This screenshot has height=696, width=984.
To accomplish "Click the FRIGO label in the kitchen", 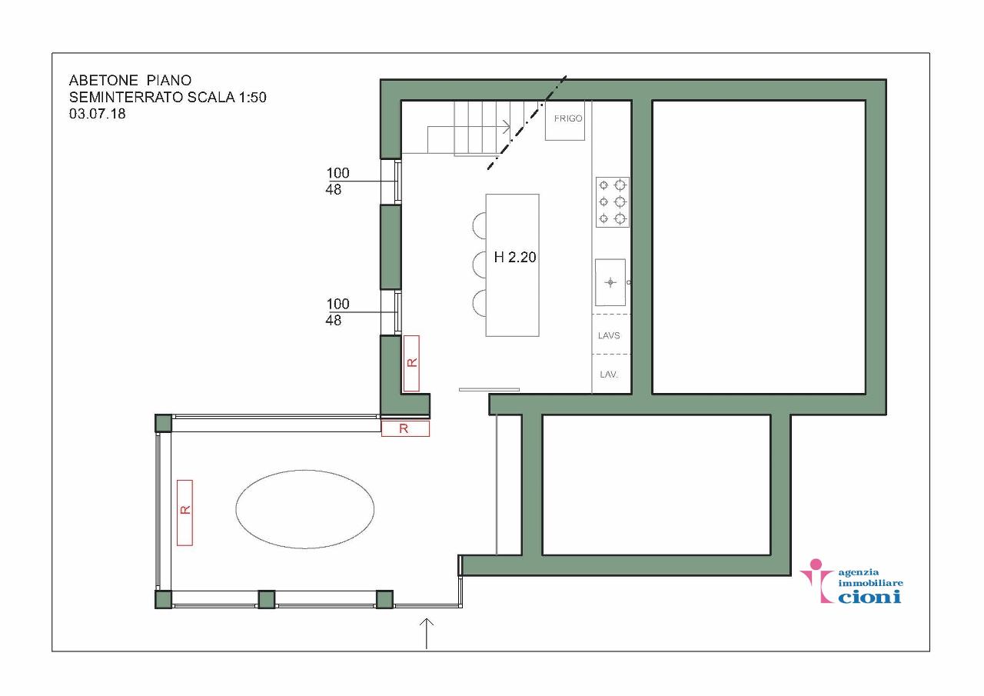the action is [x=568, y=118].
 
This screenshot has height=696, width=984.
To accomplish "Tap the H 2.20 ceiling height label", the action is [x=515, y=257].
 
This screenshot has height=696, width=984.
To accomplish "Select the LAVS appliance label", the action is [x=609, y=335].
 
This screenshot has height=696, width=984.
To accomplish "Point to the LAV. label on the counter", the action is [x=609, y=375].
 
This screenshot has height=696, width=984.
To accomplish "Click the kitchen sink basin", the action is [x=610, y=282].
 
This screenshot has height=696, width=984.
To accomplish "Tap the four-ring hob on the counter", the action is [x=613, y=202].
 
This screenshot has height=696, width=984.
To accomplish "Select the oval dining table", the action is [x=305, y=509].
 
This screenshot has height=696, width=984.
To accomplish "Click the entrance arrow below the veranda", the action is [x=427, y=634].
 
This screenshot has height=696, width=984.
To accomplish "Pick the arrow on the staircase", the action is [x=469, y=128].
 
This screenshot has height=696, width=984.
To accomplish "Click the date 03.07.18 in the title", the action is [x=97, y=114].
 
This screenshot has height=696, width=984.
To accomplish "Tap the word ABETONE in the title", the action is [x=103, y=81].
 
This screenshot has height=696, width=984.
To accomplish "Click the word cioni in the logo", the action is [x=869, y=597].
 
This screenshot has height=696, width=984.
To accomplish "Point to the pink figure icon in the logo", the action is [x=816, y=581].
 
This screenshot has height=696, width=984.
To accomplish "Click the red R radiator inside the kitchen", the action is [x=411, y=363].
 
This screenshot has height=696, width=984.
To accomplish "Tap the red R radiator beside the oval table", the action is [x=185, y=513].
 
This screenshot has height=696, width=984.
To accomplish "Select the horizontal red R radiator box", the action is [x=405, y=428].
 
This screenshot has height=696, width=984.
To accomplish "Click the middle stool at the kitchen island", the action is [x=479, y=265].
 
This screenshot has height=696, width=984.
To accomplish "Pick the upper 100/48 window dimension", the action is [x=337, y=181].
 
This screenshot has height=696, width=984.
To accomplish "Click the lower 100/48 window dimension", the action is [x=337, y=312].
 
